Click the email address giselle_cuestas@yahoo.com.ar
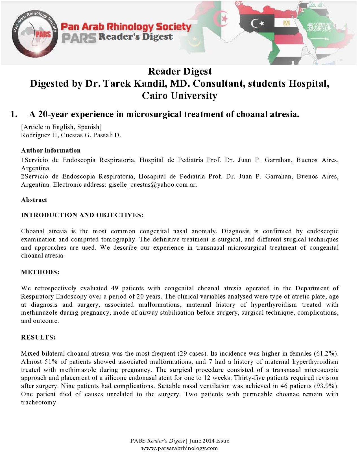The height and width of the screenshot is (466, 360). [x=152, y=185]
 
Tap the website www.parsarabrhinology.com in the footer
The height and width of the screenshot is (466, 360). [x=180, y=448]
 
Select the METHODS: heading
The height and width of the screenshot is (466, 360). [x=40, y=272]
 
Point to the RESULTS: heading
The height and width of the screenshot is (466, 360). [x=38, y=337]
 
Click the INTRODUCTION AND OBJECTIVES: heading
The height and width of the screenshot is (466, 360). [x=82, y=215]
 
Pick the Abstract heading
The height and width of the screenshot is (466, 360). [x=34, y=200]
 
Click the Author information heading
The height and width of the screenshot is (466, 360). [x=51, y=150]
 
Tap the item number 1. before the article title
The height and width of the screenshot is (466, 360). [x=14, y=114]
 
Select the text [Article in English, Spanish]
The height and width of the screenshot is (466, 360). [x=61, y=127]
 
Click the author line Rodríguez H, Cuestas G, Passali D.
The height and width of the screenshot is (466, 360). [x=71, y=135]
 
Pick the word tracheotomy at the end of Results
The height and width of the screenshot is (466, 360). [x=39, y=402]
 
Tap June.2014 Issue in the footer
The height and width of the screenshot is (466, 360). [x=209, y=441]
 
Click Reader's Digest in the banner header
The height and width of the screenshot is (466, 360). [x=135, y=37]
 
